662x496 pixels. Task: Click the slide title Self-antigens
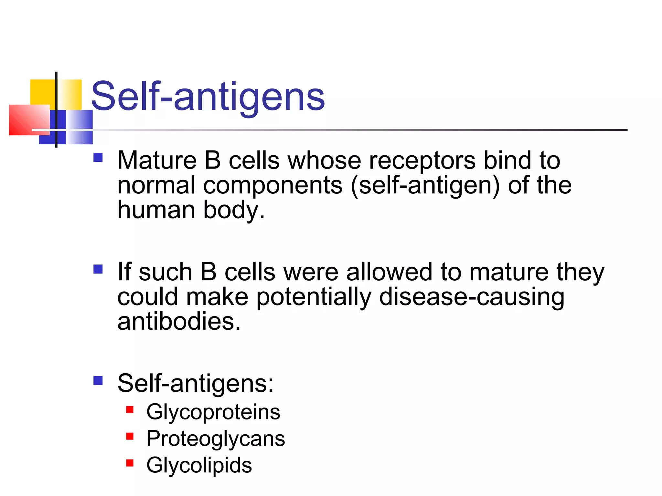click(208, 96)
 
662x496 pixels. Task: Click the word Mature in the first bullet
click(157, 160)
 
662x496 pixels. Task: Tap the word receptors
click(422, 160)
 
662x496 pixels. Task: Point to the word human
click(156, 210)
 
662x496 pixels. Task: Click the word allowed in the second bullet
click(389, 272)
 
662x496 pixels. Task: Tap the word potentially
click(314, 297)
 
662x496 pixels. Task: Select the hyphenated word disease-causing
click(472, 297)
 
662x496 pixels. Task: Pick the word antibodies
click(179, 322)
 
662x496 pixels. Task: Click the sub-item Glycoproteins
click(213, 412)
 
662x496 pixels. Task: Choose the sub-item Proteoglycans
click(216, 439)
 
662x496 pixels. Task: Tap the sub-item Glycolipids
click(199, 465)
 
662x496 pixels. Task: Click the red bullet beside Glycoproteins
click(130, 410)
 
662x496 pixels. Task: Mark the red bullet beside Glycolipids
click(130, 463)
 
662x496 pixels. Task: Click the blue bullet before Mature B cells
click(98, 158)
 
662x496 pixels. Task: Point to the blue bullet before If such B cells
click(98, 269)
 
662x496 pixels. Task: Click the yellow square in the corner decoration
click(42, 92)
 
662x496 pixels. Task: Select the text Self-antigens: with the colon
click(195, 383)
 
